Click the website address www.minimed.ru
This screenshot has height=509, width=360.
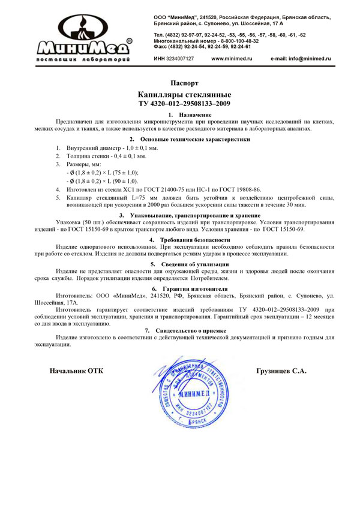pyautogui.click(x=232, y=59)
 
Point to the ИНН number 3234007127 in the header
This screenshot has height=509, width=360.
pyautogui.click(x=180, y=59)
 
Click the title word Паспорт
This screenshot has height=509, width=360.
pyautogui.click(x=184, y=83)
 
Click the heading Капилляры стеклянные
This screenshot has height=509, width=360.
pyautogui.click(x=184, y=95)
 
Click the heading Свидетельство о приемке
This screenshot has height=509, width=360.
pyautogui.click(x=190, y=330)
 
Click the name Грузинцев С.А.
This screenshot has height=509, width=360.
pyautogui.click(x=281, y=371)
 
